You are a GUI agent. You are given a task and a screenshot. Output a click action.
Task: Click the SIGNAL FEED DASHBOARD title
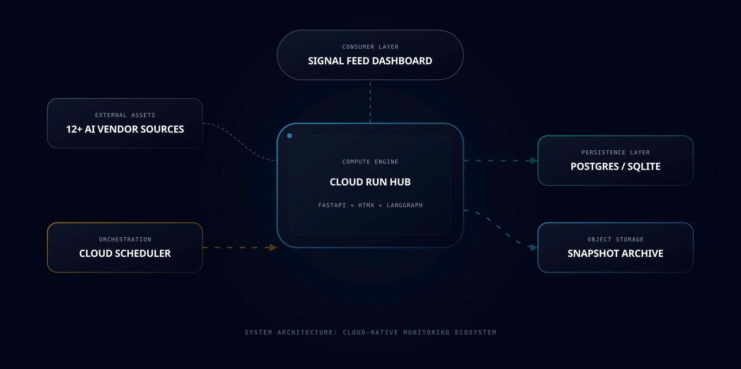[370, 61]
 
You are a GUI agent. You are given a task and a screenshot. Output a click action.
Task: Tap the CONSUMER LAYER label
[370, 47]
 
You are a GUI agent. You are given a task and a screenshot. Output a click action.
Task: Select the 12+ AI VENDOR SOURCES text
[125, 129]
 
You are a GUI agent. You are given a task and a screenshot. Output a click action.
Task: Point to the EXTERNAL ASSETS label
[125, 115]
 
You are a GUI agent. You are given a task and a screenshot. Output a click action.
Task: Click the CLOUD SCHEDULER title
[125, 254]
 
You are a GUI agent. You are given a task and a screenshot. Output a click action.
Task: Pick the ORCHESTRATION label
[125, 240]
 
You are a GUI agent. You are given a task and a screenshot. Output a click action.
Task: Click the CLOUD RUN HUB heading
[370, 182]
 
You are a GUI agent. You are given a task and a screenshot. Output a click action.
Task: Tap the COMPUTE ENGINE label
[370, 162]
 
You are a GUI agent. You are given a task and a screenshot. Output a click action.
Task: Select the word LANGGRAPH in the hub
[405, 205]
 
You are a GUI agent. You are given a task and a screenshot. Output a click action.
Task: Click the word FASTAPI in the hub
[332, 205]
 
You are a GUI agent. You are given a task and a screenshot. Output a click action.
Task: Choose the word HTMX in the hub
[366, 205]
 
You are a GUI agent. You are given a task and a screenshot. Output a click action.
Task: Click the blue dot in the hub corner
[290, 136]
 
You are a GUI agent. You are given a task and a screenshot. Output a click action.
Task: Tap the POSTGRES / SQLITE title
[615, 166]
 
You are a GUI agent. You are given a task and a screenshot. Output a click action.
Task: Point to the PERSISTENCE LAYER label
[615, 153]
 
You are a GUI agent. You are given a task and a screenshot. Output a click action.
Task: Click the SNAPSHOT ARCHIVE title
[615, 254]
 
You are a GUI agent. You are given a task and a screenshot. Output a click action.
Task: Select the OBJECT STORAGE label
[615, 240]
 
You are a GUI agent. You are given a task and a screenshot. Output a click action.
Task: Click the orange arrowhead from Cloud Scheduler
[273, 248]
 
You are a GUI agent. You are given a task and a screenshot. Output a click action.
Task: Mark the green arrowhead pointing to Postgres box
[534, 161]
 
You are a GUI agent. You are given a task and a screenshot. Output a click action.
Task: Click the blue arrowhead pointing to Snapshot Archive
[533, 248]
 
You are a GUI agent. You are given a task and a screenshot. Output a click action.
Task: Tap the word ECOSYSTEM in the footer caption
[475, 332]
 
